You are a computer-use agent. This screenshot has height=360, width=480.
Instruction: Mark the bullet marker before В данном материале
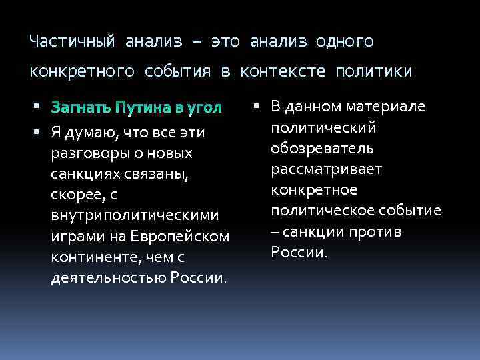point(258,107)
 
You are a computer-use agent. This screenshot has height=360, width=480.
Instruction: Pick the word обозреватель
point(323,148)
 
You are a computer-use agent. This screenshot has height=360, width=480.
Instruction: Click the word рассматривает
point(327,169)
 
